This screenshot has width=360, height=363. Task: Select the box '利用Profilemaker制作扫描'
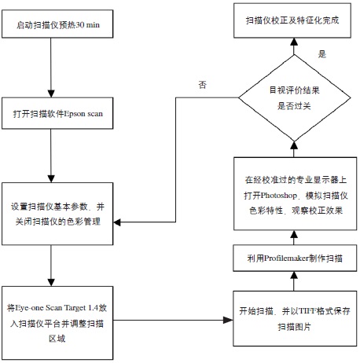pos(292,258)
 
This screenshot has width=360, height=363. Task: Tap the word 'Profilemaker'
pos(288,258)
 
